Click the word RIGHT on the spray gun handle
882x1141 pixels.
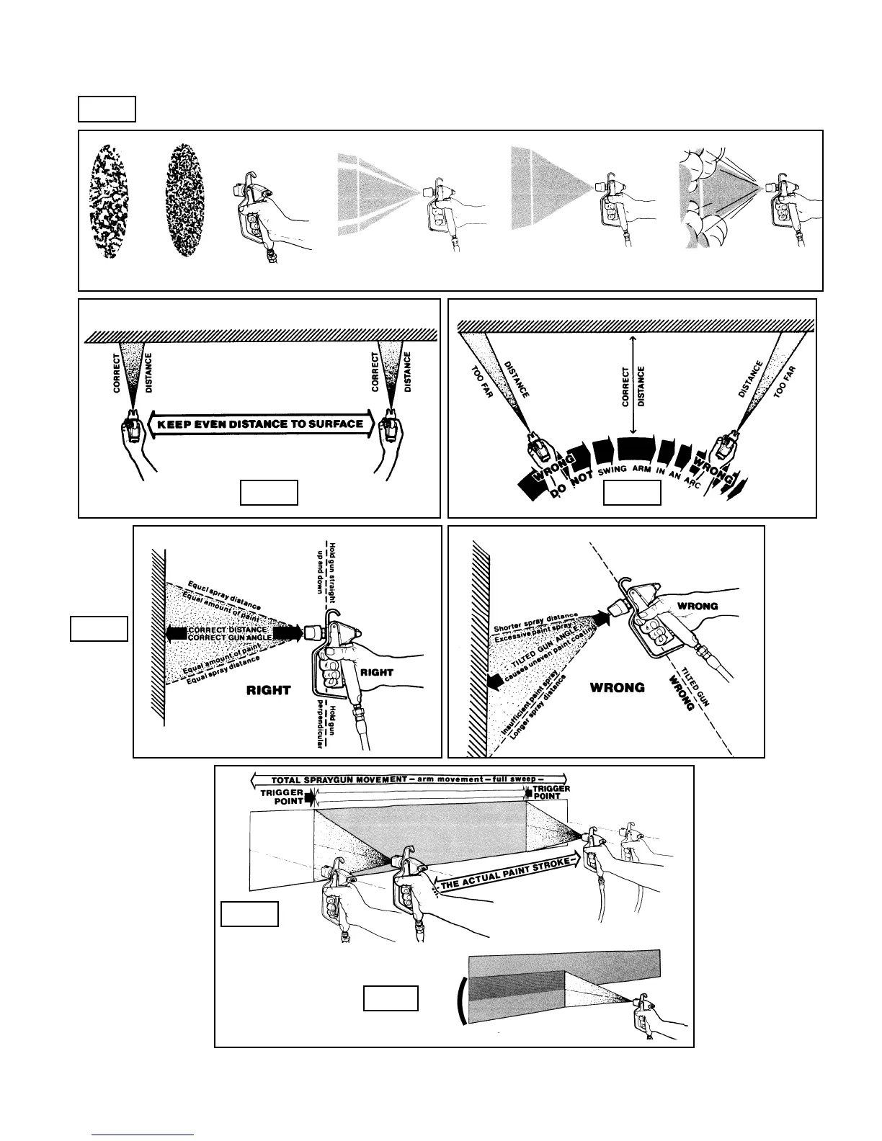(x=376, y=672)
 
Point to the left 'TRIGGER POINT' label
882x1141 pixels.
(x=282, y=797)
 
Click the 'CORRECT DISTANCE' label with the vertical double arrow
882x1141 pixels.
(x=633, y=385)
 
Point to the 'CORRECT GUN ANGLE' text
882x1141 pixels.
(x=229, y=637)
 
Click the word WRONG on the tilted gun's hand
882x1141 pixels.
(x=698, y=606)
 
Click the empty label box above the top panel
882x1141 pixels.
(x=107, y=108)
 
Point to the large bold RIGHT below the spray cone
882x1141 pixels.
(x=268, y=690)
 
